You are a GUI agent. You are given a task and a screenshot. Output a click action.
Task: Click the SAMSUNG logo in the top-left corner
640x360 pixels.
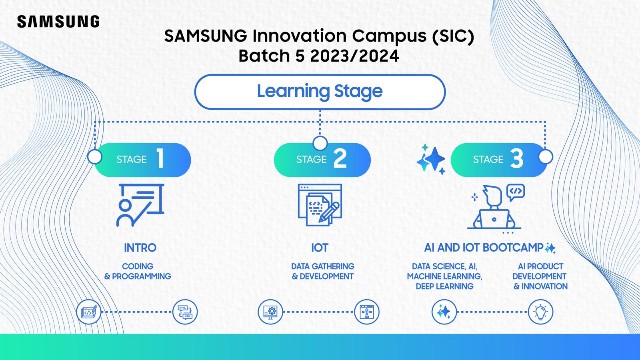[57, 20]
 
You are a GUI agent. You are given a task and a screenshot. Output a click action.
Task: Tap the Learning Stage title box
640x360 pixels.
[319, 93]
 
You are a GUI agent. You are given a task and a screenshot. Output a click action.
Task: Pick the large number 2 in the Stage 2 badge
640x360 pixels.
[341, 158]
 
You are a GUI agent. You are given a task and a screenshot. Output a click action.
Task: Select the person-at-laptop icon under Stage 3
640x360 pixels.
[497, 207]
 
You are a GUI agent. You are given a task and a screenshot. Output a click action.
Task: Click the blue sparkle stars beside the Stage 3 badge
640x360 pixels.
[432, 160]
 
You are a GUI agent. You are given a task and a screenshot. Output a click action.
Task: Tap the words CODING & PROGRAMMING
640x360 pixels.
[138, 270]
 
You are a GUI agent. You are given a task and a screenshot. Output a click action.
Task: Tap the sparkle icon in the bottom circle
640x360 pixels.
[444, 311]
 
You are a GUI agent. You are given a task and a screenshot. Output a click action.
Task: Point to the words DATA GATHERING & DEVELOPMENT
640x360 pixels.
[319, 270]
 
